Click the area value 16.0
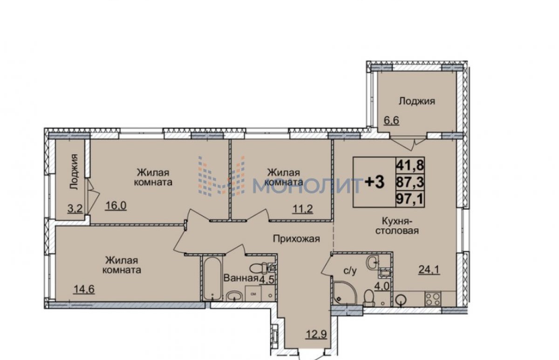(116, 205)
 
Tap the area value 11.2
(302, 209)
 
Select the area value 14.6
(84, 289)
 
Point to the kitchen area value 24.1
(429, 270)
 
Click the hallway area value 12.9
(316, 334)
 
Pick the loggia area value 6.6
(391, 120)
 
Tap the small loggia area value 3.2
(75, 209)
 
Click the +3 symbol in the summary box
(375, 182)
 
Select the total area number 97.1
(410, 199)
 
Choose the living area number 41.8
(410, 165)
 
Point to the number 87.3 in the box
(410, 182)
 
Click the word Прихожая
(296, 239)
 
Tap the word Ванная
(241, 278)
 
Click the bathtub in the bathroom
(212, 278)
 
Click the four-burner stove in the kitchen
(433, 299)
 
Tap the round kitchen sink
(401, 300)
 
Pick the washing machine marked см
(253, 294)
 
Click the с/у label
(350, 272)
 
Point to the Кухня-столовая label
(397, 226)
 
